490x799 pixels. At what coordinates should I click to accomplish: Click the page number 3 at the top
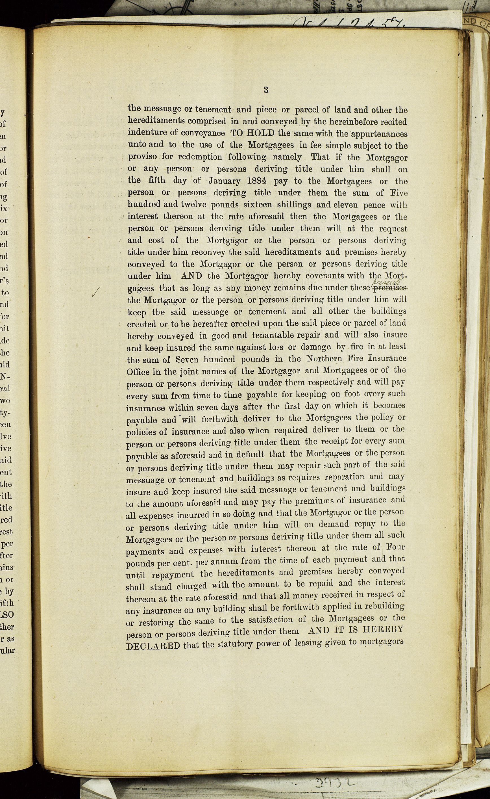[266, 90]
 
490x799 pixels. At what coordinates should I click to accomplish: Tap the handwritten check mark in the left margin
[97, 293]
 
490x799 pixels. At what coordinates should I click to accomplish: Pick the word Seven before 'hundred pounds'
[189, 360]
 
